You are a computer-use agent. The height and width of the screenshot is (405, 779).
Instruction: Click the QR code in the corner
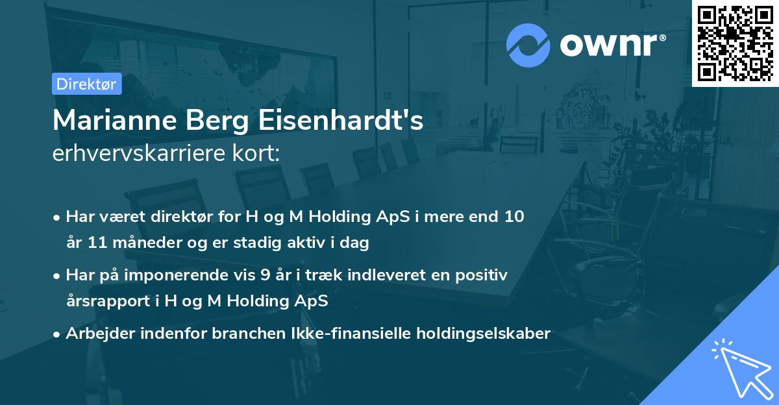coord(735,43)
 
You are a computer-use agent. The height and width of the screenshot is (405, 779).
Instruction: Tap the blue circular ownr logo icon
coord(528,45)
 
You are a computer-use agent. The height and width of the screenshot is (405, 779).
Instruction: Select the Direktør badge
coord(86,84)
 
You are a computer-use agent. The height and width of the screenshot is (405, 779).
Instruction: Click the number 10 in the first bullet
coord(514,217)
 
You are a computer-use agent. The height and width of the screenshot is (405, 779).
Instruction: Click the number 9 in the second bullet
coord(265,275)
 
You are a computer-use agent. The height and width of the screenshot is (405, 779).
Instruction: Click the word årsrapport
coord(110,301)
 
